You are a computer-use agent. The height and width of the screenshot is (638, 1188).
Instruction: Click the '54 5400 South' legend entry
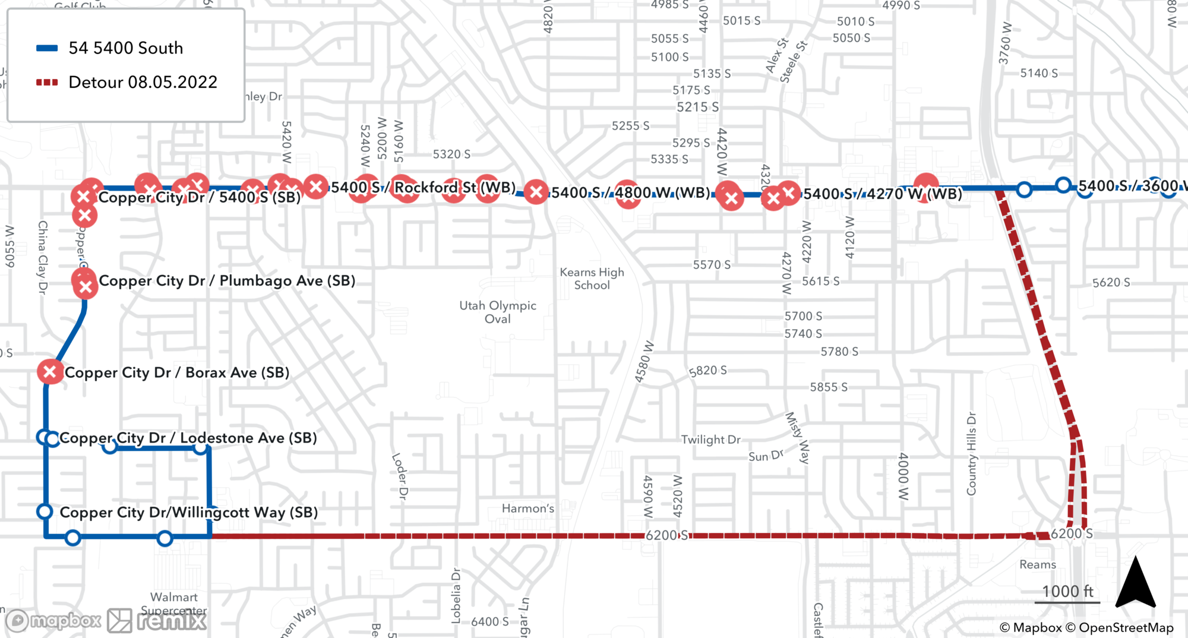pyautogui.click(x=125, y=48)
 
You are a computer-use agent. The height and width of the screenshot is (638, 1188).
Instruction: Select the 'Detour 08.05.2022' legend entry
pyautogui.click(x=143, y=82)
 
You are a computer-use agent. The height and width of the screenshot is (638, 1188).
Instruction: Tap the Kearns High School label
pyautogui.click(x=592, y=279)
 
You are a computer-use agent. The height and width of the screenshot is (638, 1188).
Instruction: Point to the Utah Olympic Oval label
pyautogui.click(x=498, y=312)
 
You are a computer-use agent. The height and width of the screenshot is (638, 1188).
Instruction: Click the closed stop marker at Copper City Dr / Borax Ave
pyautogui.click(x=50, y=372)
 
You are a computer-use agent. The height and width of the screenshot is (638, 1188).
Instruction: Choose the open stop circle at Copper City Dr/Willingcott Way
pyautogui.click(x=45, y=511)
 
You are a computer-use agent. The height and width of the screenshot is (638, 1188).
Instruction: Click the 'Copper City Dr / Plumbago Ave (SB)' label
pyautogui.click(x=227, y=280)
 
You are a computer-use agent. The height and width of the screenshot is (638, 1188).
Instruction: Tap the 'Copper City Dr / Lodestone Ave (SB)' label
pyautogui.click(x=188, y=438)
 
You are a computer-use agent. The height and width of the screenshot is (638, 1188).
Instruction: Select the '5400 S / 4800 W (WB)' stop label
pyautogui.click(x=630, y=192)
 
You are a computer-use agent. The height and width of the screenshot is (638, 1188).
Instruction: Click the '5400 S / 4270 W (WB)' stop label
pyautogui.click(x=883, y=194)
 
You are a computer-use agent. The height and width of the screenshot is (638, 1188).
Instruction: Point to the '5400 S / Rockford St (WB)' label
pyautogui.click(x=423, y=187)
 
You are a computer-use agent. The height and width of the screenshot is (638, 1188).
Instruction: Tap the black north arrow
pyautogui.click(x=1135, y=583)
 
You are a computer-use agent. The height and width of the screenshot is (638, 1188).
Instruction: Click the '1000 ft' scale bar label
pyautogui.click(x=1067, y=591)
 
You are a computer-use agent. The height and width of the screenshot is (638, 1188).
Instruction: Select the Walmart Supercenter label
pyautogui.click(x=173, y=604)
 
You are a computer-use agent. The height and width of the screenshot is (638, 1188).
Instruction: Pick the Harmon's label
pyautogui.click(x=527, y=508)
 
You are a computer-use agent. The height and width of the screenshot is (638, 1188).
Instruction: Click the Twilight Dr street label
pyautogui.click(x=710, y=440)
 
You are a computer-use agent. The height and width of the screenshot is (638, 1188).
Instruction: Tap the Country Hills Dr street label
pyautogui.click(x=971, y=454)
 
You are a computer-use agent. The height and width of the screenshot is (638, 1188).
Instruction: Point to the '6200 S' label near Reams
pyautogui.click(x=1071, y=533)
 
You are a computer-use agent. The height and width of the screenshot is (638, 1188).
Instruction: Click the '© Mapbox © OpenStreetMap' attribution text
pyautogui.click(x=1086, y=627)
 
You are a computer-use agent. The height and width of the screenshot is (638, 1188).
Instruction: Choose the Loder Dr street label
pyautogui.click(x=400, y=476)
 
